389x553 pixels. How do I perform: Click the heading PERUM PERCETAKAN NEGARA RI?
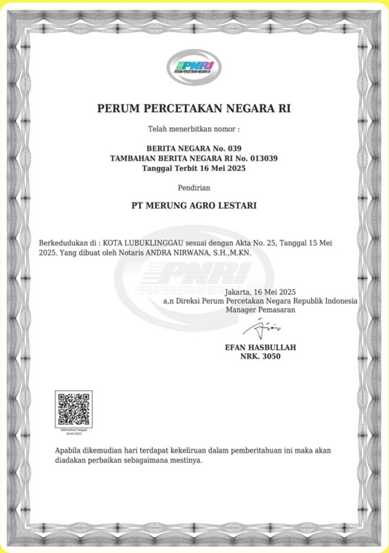[194, 109]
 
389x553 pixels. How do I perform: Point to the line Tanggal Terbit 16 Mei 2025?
[194, 168]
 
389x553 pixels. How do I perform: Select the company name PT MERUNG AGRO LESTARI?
[194, 204]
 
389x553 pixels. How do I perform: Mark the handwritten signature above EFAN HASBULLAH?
[258, 329]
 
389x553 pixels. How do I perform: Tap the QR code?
[73, 408]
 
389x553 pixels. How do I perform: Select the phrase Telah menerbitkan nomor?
[193, 128]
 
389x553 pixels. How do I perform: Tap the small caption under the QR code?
[73, 432]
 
